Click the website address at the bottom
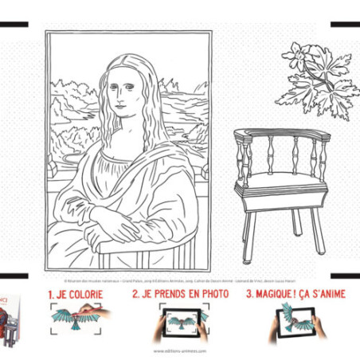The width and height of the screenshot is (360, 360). click(180, 350)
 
